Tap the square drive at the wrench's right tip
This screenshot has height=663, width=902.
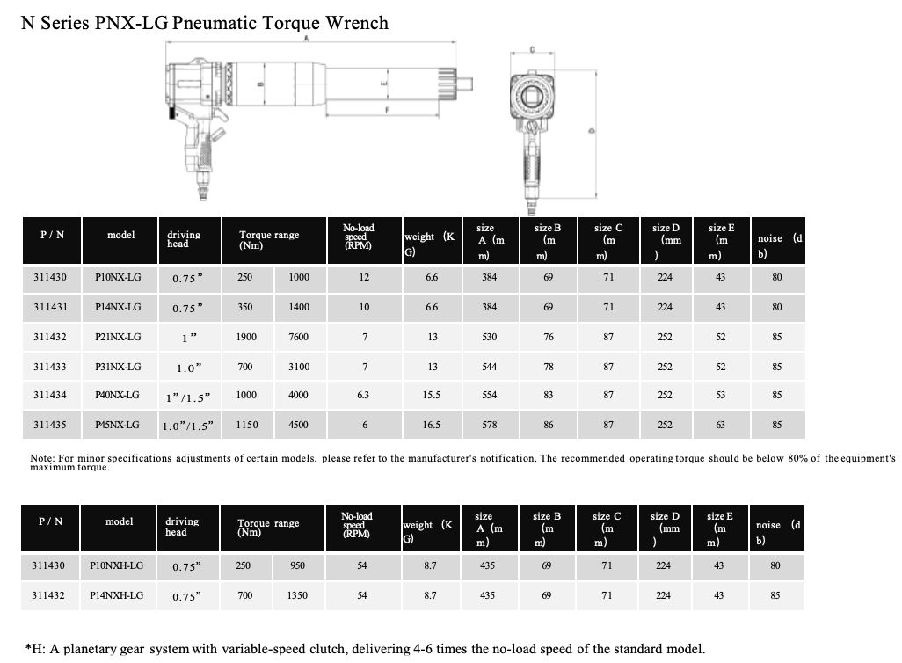(x=464, y=84)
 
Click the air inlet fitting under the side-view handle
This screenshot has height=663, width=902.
(x=202, y=187)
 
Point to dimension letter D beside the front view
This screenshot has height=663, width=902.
(x=592, y=131)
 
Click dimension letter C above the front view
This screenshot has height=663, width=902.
(x=532, y=49)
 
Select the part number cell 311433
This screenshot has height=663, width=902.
(x=50, y=367)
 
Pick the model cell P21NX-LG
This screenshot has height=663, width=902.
(x=118, y=337)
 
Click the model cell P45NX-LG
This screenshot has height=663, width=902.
(x=117, y=425)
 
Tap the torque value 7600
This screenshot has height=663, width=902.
(x=299, y=337)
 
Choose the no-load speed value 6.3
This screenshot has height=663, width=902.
(x=363, y=395)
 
